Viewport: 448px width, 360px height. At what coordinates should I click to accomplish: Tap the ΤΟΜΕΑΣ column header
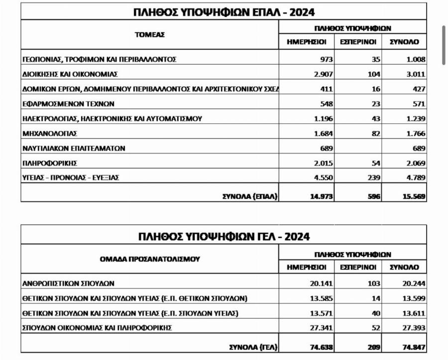149,35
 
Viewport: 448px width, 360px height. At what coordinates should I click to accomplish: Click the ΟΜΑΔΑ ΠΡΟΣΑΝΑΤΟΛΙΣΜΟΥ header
149,259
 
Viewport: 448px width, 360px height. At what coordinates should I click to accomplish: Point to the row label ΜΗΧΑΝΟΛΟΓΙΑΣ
50,133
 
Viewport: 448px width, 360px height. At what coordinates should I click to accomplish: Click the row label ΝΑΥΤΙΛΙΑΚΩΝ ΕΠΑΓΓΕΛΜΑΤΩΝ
74,148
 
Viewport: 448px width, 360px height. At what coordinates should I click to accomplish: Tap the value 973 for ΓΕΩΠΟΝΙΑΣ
327,59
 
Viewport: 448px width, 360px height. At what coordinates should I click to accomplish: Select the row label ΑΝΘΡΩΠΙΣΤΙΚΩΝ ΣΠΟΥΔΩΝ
69,283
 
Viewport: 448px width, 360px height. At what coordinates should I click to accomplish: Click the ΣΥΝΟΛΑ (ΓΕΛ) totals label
252,347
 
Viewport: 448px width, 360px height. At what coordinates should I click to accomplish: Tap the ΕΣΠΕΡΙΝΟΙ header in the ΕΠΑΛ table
358,42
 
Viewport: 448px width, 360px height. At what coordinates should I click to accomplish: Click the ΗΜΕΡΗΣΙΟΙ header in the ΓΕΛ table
307,267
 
